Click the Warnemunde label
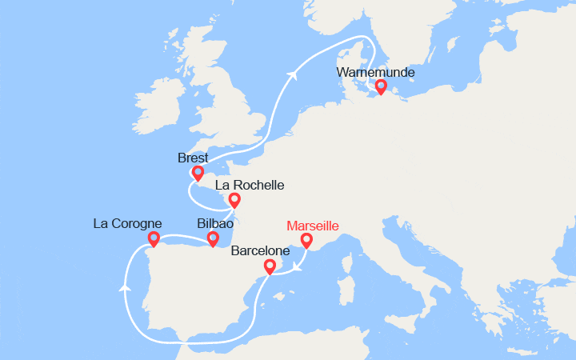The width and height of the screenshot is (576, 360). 376,73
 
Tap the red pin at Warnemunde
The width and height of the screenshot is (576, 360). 381,86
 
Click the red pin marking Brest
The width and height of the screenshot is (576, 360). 198,173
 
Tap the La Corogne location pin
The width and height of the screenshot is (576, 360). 154,238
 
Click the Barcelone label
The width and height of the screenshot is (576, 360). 260,251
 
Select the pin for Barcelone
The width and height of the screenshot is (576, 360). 270,266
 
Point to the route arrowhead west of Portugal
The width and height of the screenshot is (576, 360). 125,286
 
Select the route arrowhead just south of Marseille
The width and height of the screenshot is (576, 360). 296,267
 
